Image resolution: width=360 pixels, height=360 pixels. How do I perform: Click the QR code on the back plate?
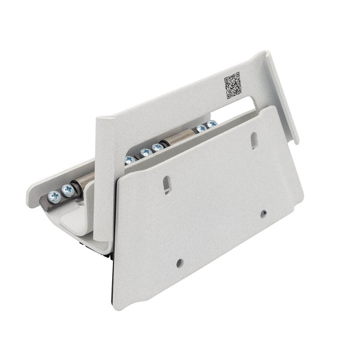233,85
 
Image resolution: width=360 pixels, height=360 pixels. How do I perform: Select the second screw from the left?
68,190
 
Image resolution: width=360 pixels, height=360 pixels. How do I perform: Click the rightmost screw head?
211,125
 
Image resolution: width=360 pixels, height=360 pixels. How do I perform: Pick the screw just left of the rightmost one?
200,128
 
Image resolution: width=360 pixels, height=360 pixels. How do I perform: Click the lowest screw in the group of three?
130,160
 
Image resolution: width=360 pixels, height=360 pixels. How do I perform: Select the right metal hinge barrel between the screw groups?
178,139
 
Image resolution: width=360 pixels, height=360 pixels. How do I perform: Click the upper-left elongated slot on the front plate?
167,185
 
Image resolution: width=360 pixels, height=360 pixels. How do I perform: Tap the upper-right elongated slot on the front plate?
254,141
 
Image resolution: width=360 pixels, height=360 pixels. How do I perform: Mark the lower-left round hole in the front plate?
179,263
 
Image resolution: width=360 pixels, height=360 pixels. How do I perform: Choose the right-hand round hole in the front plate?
263,213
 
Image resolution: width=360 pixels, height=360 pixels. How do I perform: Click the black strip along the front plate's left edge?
112,282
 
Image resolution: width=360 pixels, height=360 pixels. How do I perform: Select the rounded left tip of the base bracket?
30,200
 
